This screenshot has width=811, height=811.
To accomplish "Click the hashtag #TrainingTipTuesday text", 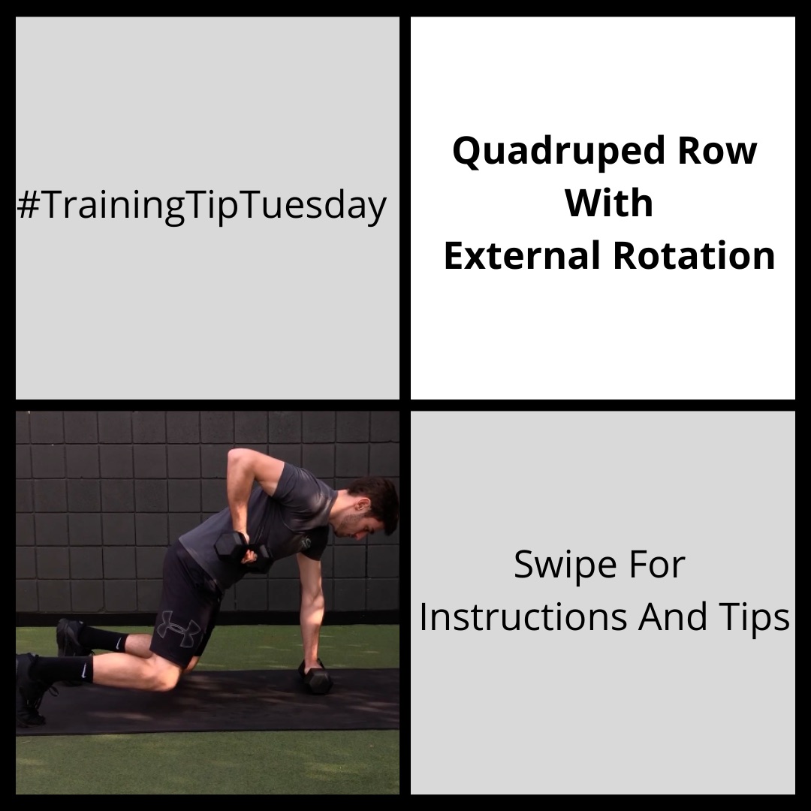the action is point(202,205).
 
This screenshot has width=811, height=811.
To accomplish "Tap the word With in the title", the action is point(609,203).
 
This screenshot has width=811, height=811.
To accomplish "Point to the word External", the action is point(522,255).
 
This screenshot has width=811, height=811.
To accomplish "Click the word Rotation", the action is point(694,255).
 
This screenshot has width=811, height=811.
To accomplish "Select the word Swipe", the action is point(565,566).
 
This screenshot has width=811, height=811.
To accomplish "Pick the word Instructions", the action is point(523,617).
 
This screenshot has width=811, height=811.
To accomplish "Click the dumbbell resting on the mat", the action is point(315,676).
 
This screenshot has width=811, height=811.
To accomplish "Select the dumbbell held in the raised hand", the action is point(242,551).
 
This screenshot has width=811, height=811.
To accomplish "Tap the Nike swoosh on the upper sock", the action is point(119,644).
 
